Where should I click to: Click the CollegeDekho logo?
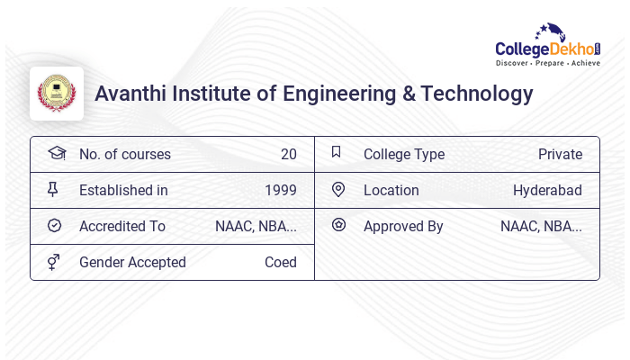548,46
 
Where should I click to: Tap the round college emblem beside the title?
57,94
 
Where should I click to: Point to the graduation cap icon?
56,153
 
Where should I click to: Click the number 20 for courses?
288,154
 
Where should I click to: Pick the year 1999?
280,190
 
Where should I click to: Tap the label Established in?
123,190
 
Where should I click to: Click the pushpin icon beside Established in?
55,189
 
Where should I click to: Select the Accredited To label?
122,226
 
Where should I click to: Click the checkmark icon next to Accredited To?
55,226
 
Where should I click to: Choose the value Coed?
280,262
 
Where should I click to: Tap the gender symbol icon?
55,261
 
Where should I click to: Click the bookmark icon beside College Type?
337,152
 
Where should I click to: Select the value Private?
560,154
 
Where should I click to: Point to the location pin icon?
338,189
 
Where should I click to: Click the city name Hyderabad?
547,190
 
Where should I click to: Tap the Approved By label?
403,226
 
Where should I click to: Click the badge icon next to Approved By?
338,225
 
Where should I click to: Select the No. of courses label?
125,154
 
